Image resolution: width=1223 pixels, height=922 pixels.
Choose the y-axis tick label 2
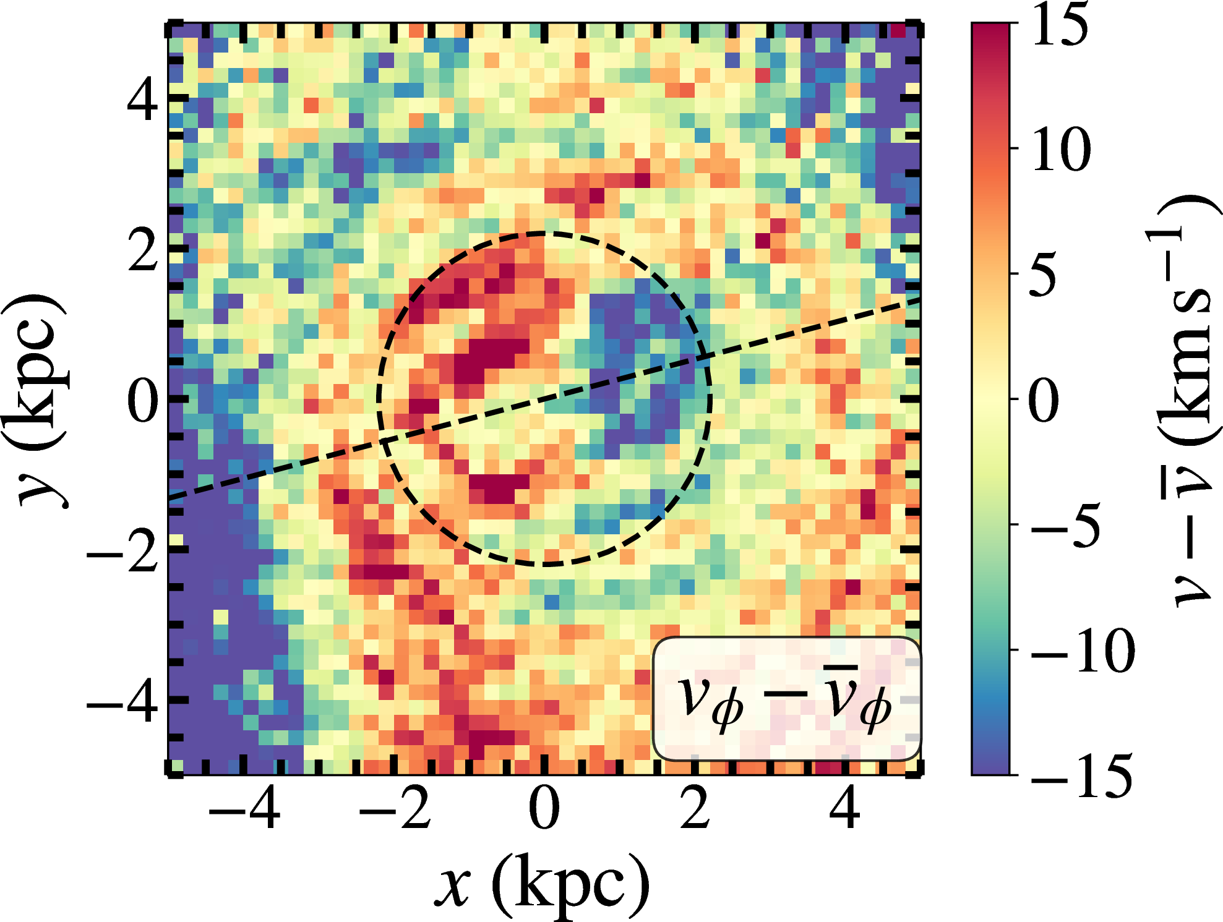tap(143, 250)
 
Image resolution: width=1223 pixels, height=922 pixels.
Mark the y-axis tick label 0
tap(143, 400)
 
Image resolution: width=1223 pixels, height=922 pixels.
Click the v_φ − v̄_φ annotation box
tap(786, 699)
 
